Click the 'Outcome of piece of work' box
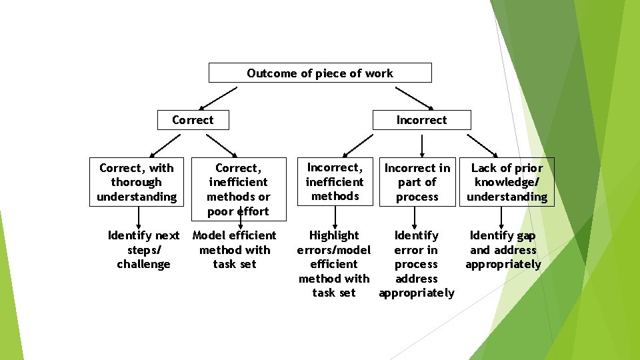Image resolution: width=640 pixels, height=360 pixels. click(x=320, y=73)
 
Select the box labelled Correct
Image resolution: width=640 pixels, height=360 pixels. click(x=193, y=120)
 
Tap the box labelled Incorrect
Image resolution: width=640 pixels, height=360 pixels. click(x=421, y=120)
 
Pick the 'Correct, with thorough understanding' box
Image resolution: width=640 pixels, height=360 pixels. click(x=137, y=182)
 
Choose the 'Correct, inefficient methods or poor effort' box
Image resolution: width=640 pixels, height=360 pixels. click(x=238, y=189)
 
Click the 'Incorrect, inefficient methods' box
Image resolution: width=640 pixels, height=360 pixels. click(x=335, y=182)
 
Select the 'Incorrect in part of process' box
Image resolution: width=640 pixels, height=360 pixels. click(x=417, y=182)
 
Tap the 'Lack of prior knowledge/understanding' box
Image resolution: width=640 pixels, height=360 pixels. click(x=507, y=182)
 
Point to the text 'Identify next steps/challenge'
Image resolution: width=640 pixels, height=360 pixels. click(x=143, y=249)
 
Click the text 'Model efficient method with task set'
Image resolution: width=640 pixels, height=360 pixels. click(x=234, y=249)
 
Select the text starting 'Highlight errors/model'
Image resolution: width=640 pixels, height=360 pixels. click(x=333, y=264)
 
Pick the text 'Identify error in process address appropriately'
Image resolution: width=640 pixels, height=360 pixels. click(x=416, y=264)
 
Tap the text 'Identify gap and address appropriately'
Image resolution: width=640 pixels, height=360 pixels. click(x=503, y=249)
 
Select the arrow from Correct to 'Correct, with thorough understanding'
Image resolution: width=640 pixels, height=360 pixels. click(x=165, y=145)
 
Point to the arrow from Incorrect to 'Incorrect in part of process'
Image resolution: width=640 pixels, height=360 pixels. click(x=421, y=145)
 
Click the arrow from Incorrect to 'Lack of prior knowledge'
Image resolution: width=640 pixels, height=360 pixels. click(x=481, y=145)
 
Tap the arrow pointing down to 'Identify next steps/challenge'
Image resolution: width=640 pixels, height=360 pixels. click(x=139, y=217)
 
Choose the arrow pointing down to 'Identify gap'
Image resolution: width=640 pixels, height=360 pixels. click(x=502, y=217)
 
